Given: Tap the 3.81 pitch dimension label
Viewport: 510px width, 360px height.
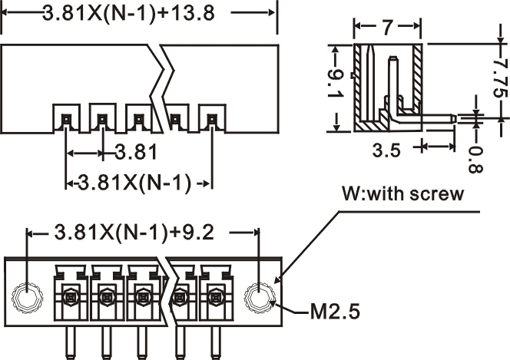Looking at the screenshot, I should tap(136, 152).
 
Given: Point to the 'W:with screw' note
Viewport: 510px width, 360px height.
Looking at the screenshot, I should tap(402, 193).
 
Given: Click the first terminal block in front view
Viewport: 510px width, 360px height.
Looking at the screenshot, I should tap(70, 294).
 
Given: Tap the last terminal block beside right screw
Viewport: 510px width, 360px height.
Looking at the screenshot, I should tap(214, 294).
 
